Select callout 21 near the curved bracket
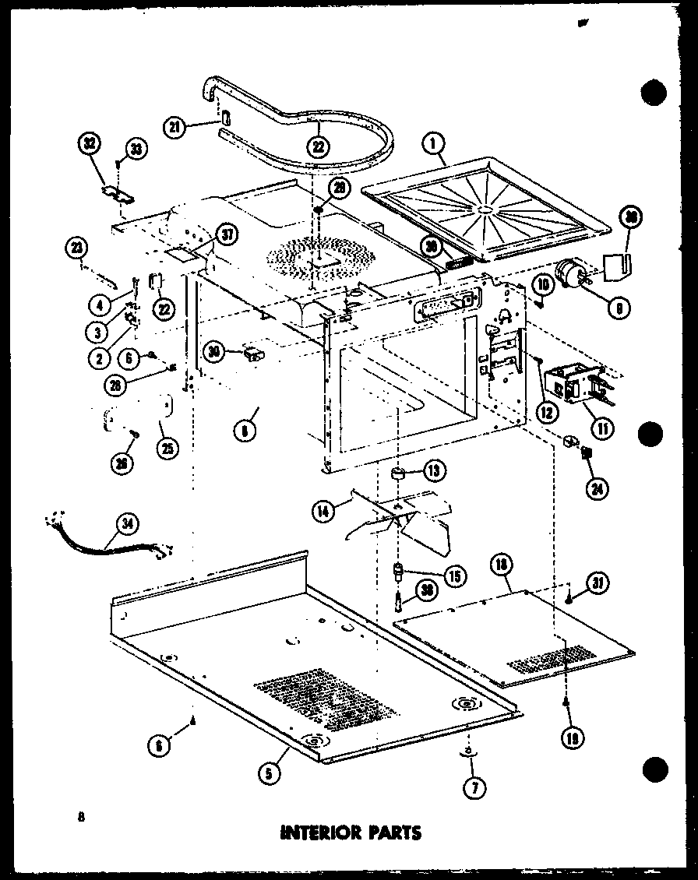pyautogui.click(x=175, y=127)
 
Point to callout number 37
pyautogui.click(x=227, y=234)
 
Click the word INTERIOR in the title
pyautogui.click(x=319, y=832)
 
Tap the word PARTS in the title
pyautogui.click(x=393, y=832)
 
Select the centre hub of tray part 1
pyautogui.click(x=486, y=209)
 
